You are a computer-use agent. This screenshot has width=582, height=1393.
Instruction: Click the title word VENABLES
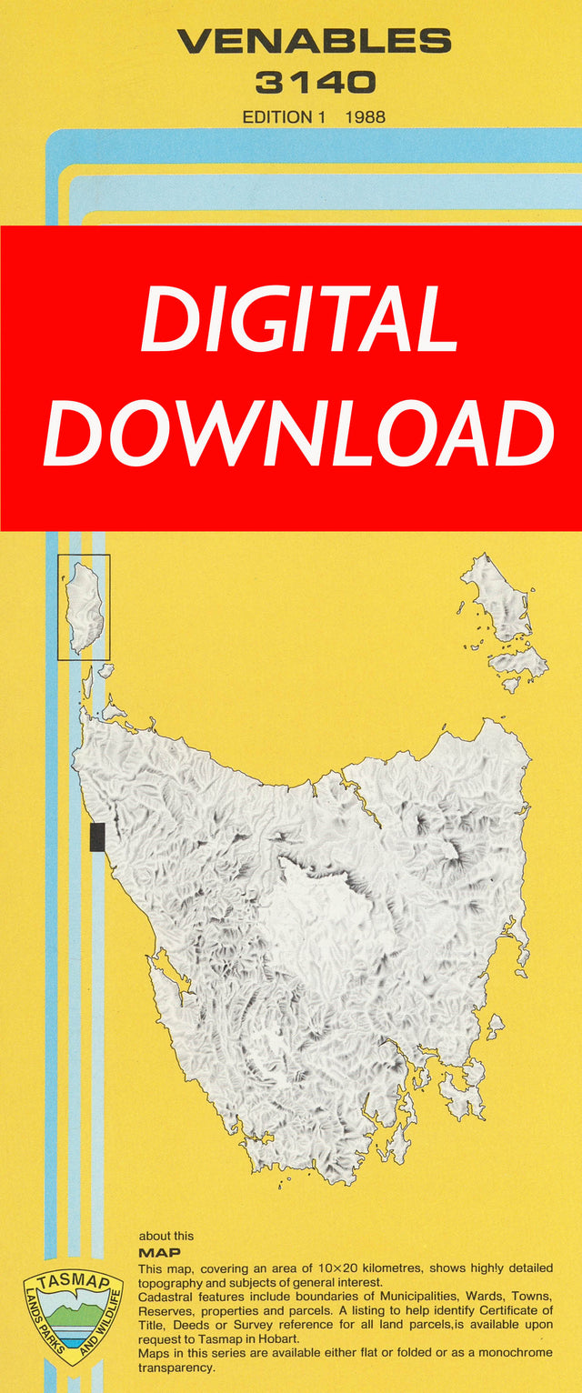[x=314, y=41]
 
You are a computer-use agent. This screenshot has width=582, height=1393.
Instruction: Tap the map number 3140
[x=314, y=84]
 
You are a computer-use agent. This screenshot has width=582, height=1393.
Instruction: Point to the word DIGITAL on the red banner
[x=299, y=321]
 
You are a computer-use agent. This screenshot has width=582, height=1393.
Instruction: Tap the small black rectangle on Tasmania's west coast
[x=97, y=837]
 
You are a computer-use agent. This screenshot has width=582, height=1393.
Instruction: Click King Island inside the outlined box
[x=85, y=607]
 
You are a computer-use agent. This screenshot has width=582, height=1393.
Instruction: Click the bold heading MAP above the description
[x=159, y=1253]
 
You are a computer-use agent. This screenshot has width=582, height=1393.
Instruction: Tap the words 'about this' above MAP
[x=166, y=1237]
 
